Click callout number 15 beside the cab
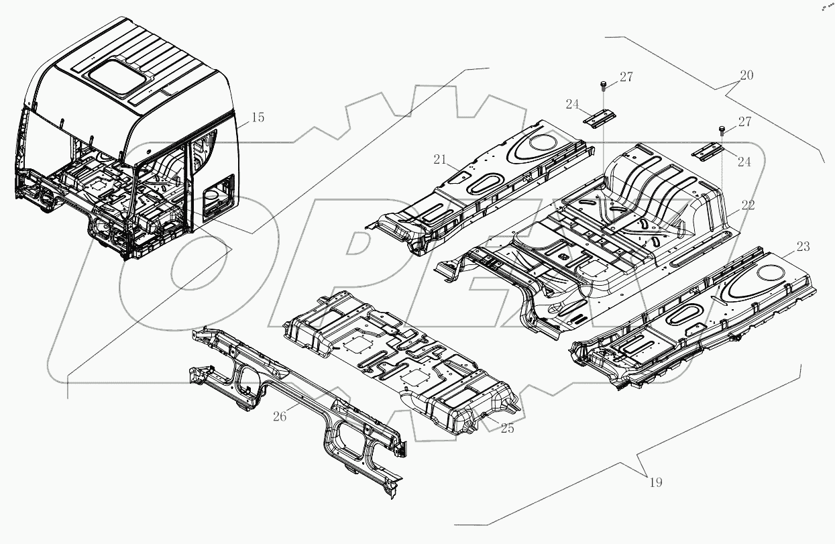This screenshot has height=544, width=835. tap(258, 118)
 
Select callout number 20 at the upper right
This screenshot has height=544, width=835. tap(746, 75)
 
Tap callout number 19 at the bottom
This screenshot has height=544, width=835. tap(656, 482)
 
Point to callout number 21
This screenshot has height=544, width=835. tap(439, 160)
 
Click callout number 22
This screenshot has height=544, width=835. tap(748, 205)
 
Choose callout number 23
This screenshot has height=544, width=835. tap(803, 247)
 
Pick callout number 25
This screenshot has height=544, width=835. tap(507, 428)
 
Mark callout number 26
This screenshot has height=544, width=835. tap(280, 417)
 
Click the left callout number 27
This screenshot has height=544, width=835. tap(626, 77)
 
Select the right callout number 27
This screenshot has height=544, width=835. tap(744, 122)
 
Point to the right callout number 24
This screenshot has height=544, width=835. tap(744, 162)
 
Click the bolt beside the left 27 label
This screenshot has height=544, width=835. tap(604, 84)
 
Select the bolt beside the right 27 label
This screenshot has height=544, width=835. tap(722, 129)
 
